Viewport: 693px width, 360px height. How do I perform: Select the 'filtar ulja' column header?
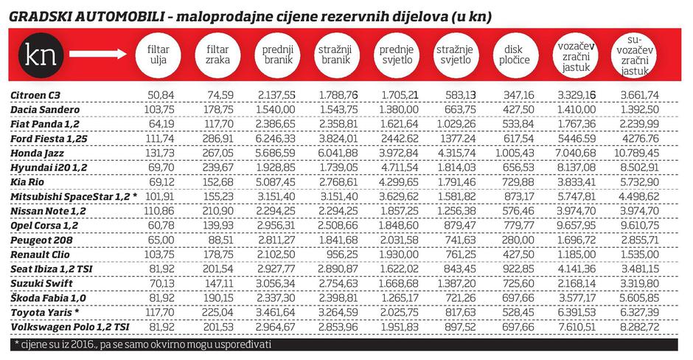(158, 55)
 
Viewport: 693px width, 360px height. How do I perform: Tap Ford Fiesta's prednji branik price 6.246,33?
(276, 138)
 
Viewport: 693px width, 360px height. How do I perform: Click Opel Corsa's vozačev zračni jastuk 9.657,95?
(575, 226)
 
